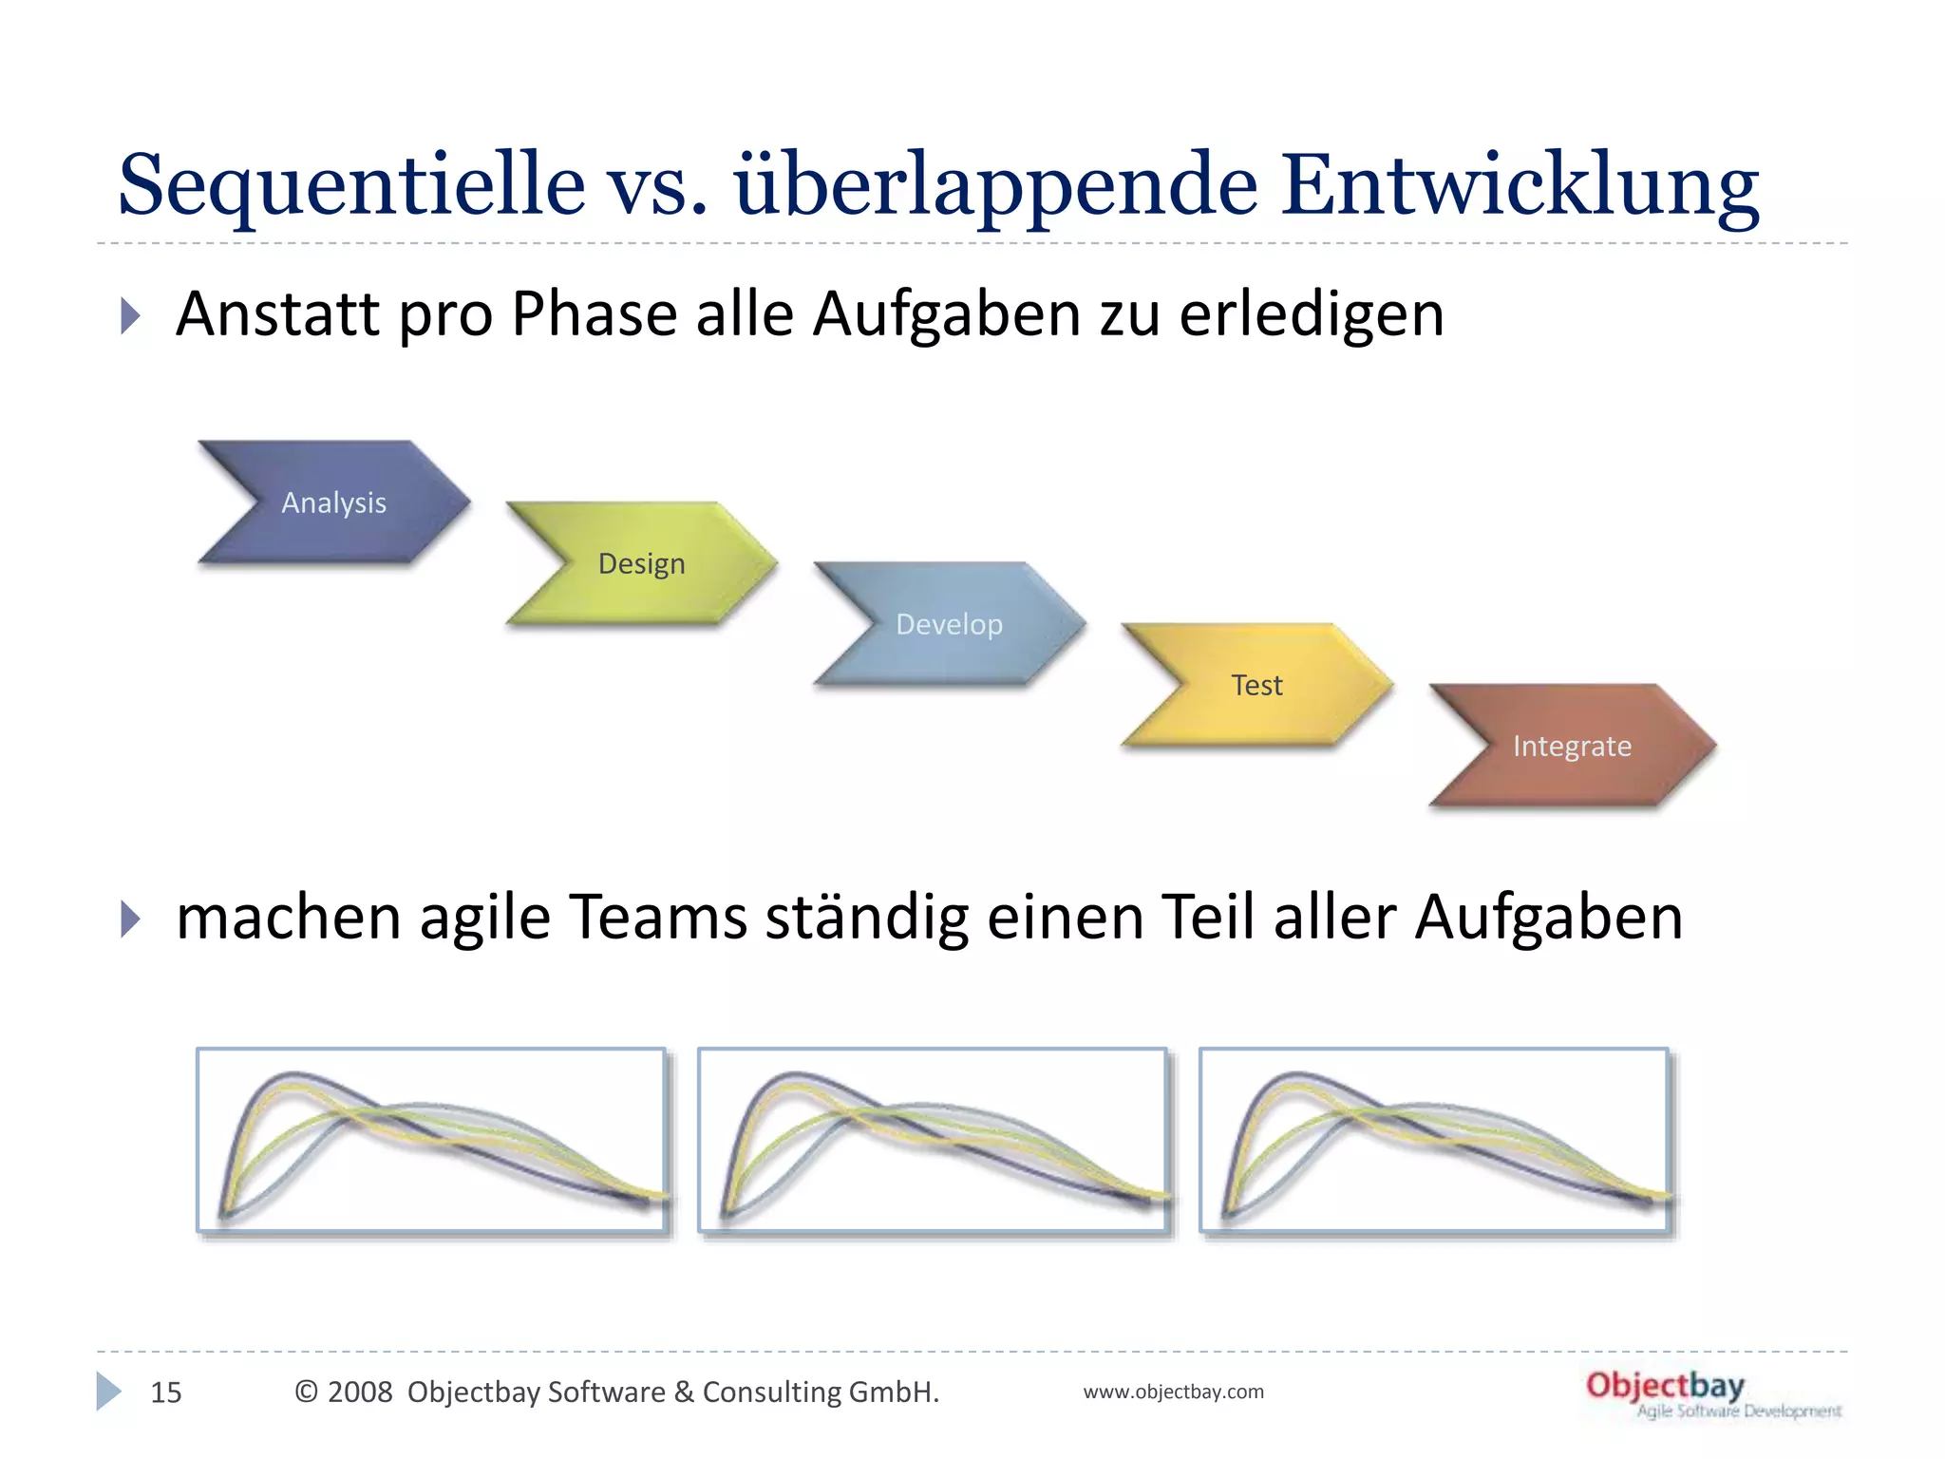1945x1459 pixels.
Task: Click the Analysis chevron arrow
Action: [333, 502]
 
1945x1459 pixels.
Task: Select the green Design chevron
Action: [642, 563]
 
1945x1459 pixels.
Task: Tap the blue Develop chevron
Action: [949, 624]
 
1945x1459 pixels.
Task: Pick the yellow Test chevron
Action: [1256, 685]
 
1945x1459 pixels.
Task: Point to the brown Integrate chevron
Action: [1572, 746]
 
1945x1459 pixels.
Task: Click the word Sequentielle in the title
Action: [351, 185]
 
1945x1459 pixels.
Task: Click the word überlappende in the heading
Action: [995, 185]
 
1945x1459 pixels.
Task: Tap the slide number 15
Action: [166, 1393]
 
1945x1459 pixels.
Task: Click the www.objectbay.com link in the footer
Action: [1173, 1392]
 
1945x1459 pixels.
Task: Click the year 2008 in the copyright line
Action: [359, 1392]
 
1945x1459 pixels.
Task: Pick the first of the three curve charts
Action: [431, 1140]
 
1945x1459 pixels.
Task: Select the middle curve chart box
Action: [933, 1140]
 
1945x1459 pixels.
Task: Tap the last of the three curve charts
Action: [1434, 1140]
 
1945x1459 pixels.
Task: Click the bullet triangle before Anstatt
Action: [130, 315]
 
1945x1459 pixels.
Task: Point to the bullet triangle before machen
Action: [130, 919]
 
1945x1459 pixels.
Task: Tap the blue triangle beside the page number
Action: [108, 1392]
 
